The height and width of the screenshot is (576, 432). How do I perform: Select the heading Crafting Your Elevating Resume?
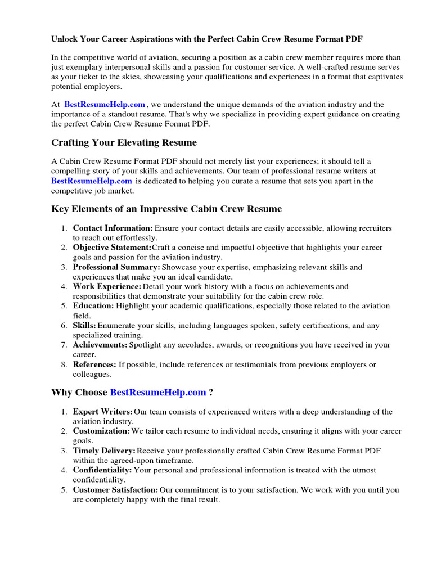point(124,142)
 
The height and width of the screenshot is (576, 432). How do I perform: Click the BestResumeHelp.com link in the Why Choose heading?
point(158,393)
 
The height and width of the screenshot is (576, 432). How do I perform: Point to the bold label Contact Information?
point(112,228)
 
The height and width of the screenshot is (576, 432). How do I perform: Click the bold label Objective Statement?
point(112,247)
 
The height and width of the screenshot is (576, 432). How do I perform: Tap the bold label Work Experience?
point(107,286)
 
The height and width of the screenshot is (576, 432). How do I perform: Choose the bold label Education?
point(93,306)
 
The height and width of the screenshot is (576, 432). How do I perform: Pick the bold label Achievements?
point(100,345)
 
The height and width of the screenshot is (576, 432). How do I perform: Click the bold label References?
point(94,364)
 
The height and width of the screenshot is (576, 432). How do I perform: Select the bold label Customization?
point(101,431)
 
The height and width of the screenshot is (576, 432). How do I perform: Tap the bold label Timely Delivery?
point(104,451)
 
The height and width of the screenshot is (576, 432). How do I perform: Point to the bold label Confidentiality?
point(102,470)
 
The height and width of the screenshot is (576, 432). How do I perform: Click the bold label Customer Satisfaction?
point(115,490)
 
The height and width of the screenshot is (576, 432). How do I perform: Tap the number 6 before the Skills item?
point(64,326)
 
